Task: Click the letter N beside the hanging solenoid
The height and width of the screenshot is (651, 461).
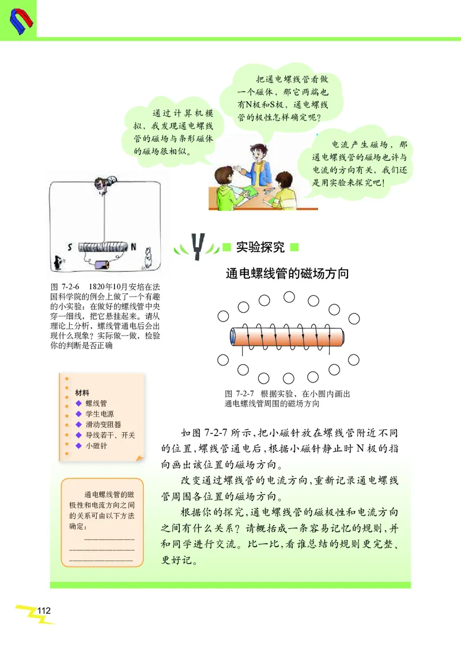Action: pyautogui.click(x=133, y=247)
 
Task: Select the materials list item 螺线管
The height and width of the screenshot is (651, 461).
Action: pyautogui.click(x=96, y=404)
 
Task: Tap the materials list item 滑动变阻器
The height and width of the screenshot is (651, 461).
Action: pyautogui.click(x=103, y=425)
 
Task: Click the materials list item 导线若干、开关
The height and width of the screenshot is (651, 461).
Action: pyautogui.click(x=110, y=435)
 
